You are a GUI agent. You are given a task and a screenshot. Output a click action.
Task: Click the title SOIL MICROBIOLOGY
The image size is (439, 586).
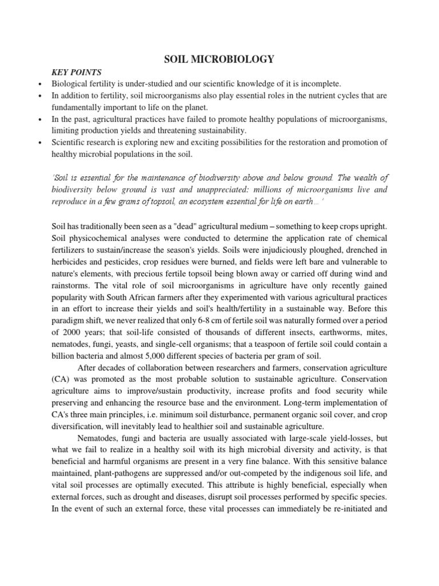click(219, 59)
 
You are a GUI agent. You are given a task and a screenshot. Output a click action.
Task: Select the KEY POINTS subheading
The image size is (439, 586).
click(77, 73)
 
